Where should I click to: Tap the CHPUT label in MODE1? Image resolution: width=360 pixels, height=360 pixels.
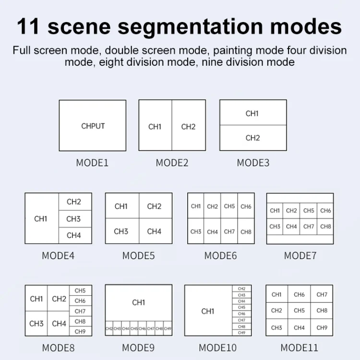coord(93,126)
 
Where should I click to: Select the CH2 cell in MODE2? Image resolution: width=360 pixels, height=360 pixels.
coord(189,127)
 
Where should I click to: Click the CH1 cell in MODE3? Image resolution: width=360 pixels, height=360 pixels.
coord(252,113)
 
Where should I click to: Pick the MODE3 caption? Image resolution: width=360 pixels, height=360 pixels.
coord(253,163)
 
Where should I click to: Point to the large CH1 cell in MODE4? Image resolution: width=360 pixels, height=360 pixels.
coord(41,218)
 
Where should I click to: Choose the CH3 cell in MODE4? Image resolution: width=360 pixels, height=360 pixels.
coord(74,219)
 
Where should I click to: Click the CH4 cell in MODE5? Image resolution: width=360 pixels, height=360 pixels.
coord(155,231)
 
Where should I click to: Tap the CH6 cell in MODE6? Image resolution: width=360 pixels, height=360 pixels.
coord(246,206)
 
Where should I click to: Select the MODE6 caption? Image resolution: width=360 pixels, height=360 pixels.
coord(220,256)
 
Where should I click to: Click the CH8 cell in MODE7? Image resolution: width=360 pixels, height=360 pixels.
coord(325,226)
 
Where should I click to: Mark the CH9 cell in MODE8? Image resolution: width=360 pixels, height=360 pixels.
coord(80,331)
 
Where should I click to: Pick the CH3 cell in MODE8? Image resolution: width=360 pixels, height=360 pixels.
coord(36,324)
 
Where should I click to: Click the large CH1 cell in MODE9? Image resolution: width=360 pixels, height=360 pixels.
coord(138,302)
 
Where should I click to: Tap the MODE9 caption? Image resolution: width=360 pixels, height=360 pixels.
coord(138,348)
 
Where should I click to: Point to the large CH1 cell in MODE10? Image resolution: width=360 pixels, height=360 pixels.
coord(208,311)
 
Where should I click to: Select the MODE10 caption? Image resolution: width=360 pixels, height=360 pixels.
coord(218,348)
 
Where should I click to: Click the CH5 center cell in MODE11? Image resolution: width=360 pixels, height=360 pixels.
coord(299,310)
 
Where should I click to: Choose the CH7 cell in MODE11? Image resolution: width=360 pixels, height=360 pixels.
coord(322,295)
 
